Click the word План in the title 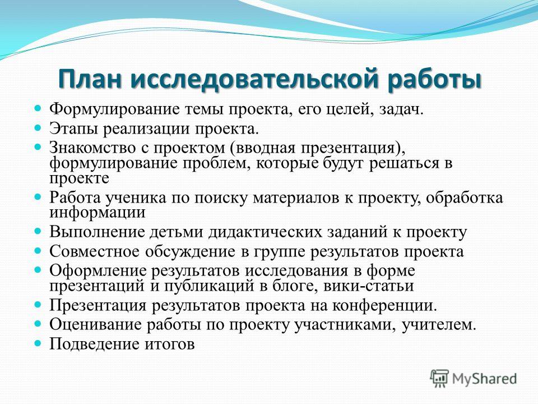(90, 80)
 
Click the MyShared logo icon (439, 379)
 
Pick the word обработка (464, 198)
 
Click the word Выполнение (97, 232)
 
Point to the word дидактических (265, 232)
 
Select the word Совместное (95, 251)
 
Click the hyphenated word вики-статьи (369, 286)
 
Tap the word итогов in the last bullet (169, 344)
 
